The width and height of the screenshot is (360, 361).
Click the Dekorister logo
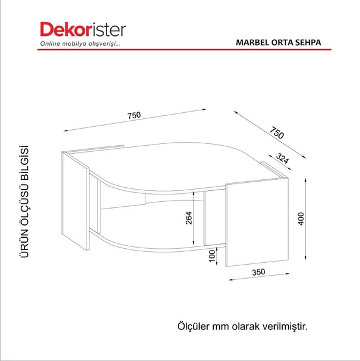coord(83,30)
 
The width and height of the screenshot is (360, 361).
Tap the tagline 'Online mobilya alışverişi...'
coord(75,45)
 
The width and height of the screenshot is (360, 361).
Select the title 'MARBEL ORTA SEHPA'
coord(278,43)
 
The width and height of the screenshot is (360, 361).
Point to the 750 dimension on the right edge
coord(277,132)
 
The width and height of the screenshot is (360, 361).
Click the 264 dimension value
coord(189,218)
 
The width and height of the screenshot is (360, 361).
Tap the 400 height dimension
coord(300,218)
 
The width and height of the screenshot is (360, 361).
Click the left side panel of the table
coord(76,201)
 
